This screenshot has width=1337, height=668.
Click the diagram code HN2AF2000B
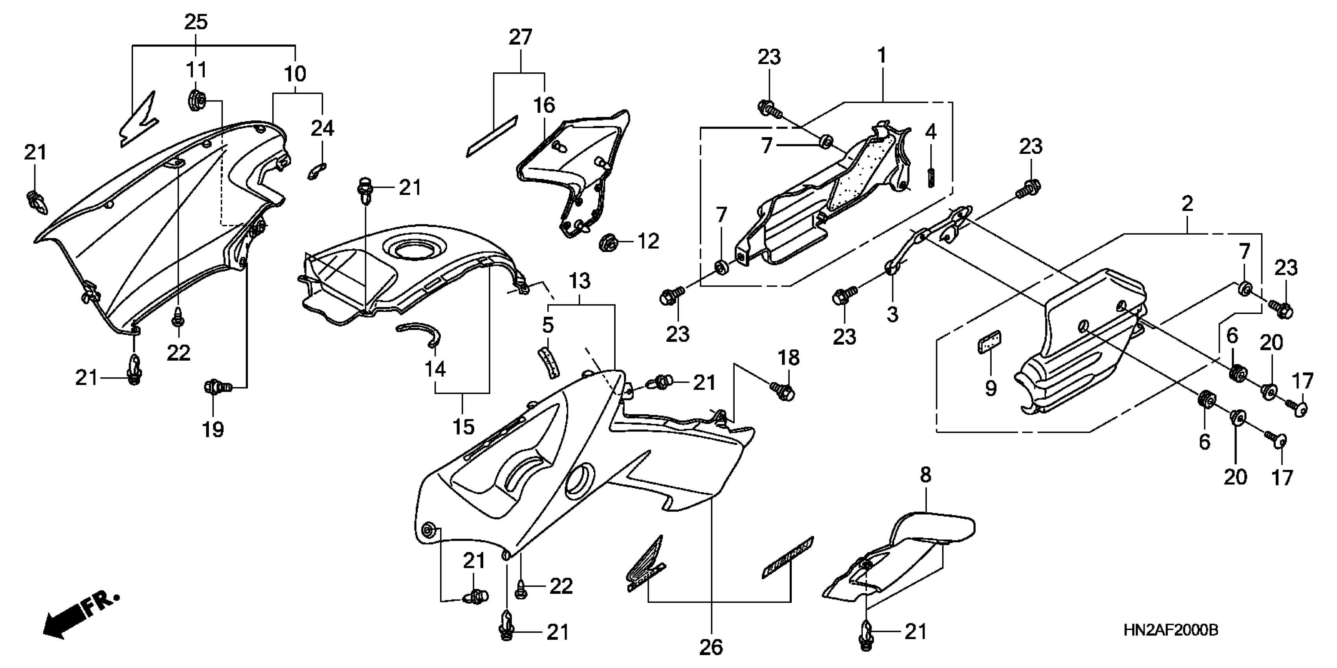coord(1171,631)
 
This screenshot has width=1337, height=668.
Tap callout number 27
coord(520,37)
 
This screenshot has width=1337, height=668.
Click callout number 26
coord(711,647)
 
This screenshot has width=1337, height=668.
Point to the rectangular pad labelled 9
coord(989,343)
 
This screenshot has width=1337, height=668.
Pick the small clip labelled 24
coord(316,171)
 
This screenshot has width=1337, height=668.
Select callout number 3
coord(892,314)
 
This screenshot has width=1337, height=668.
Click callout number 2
coord(1187,204)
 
